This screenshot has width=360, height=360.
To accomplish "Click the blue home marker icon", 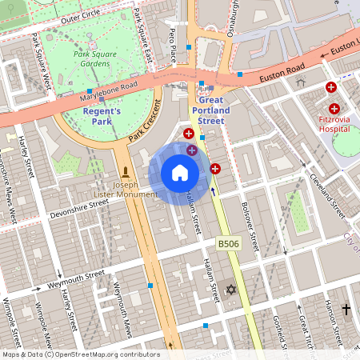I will [180, 173].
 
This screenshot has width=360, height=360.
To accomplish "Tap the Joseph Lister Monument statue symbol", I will [126, 172].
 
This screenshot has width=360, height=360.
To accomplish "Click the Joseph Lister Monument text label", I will [123, 189].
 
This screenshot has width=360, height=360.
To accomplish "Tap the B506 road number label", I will [229, 243].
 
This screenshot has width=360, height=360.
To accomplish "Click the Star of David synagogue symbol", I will [231, 289].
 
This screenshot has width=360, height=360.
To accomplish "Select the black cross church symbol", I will [346, 309].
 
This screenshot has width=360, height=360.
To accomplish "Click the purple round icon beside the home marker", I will [191, 150].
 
